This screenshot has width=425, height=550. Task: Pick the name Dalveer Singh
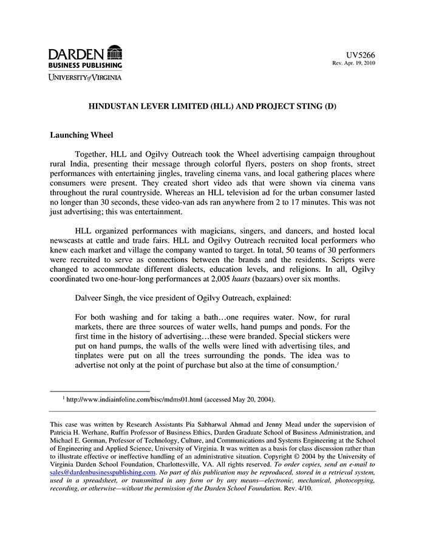pos(102,299)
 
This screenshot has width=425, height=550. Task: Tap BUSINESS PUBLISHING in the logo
pos(86,65)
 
